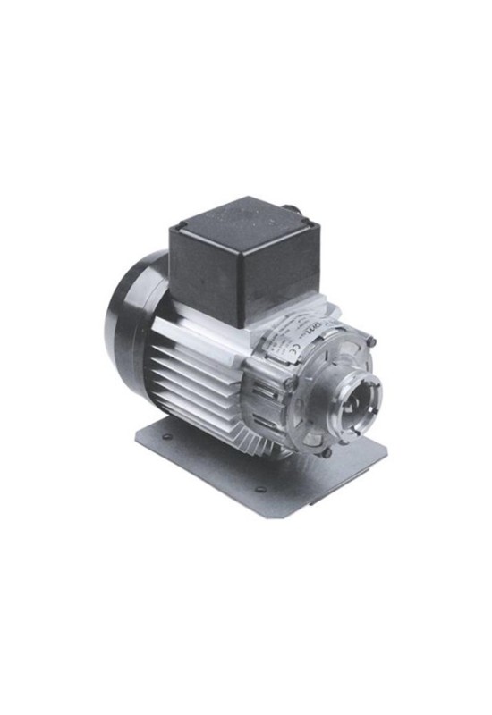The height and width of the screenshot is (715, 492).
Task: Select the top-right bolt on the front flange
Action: pyautogui.click(x=370, y=341)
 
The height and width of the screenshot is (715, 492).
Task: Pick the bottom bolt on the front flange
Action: pyautogui.click(x=327, y=452)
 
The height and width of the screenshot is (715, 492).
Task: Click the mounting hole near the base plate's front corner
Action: pyautogui.click(x=259, y=490)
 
